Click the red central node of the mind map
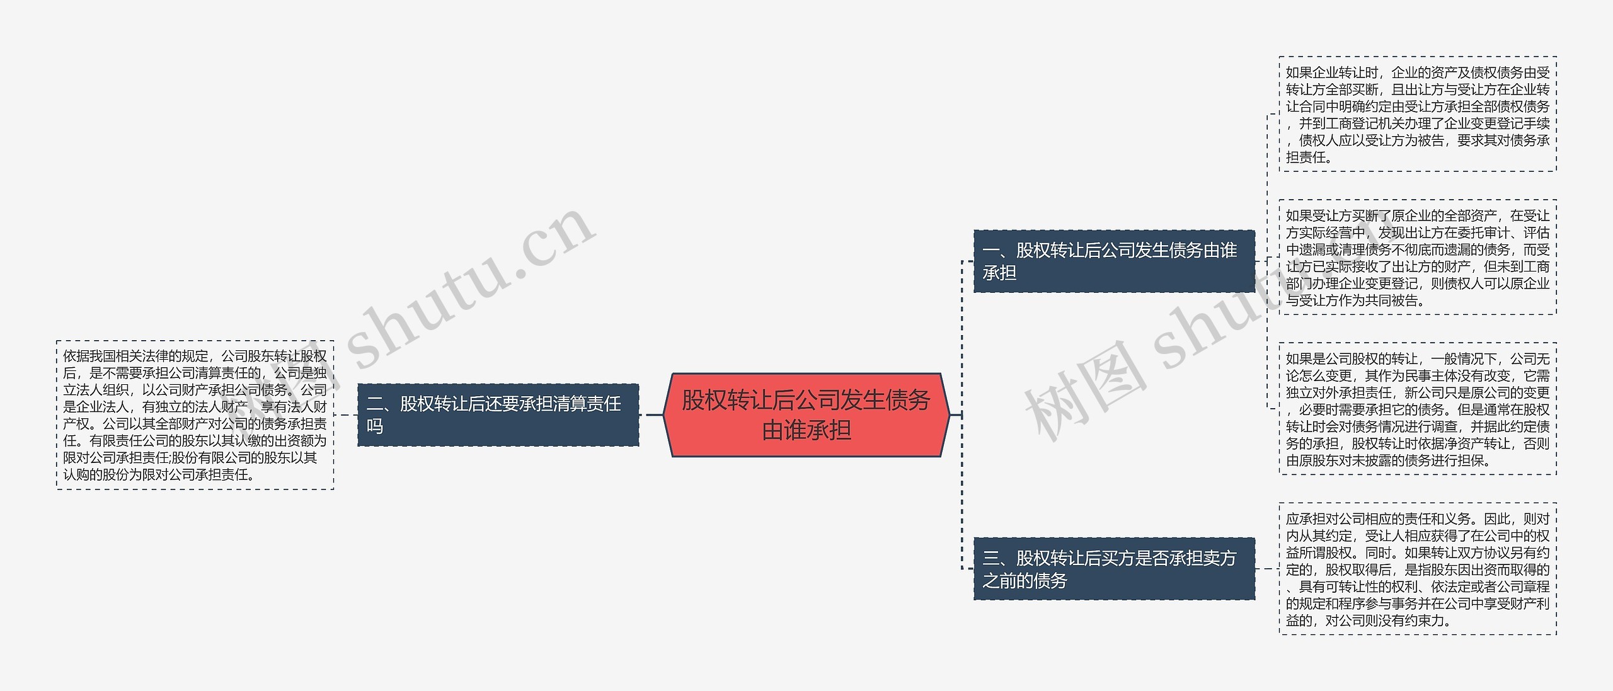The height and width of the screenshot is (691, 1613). coord(806,414)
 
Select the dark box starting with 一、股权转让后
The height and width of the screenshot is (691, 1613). coord(1114,261)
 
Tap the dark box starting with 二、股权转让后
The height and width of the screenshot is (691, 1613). coord(498,414)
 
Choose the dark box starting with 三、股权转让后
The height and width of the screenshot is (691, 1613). coord(1114,568)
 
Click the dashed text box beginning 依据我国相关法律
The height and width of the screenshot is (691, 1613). coord(195,415)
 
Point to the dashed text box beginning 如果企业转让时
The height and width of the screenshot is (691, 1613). coord(1417,114)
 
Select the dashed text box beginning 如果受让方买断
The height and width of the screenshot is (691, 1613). coord(1417,257)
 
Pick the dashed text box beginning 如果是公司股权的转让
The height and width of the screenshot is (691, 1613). coord(1417,409)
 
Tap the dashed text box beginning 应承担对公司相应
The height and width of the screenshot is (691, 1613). coord(1417,569)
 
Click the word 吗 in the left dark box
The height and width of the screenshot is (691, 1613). coord(375,426)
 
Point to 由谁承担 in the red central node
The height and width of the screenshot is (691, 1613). coord(806,431)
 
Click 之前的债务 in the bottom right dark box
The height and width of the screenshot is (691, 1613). coord(1025,580)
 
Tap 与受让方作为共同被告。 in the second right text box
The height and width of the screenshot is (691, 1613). coord(1355,300)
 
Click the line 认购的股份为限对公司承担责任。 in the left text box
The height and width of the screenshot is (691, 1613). coord(159,474)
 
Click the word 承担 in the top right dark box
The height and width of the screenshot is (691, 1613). coord(999,273)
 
